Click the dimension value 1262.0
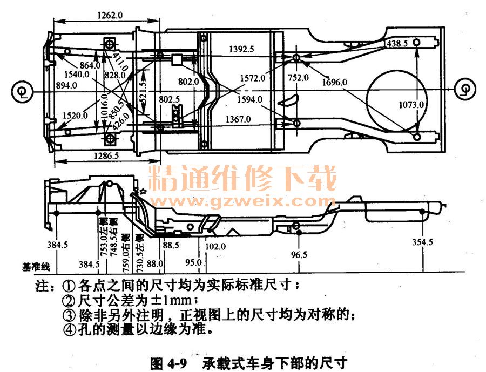(x=110, y=15)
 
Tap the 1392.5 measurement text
(x=241, y=49)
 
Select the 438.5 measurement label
(x=396, y=43)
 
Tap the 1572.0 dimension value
(x=252, y=78)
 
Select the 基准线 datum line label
(x=36, y=266)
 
